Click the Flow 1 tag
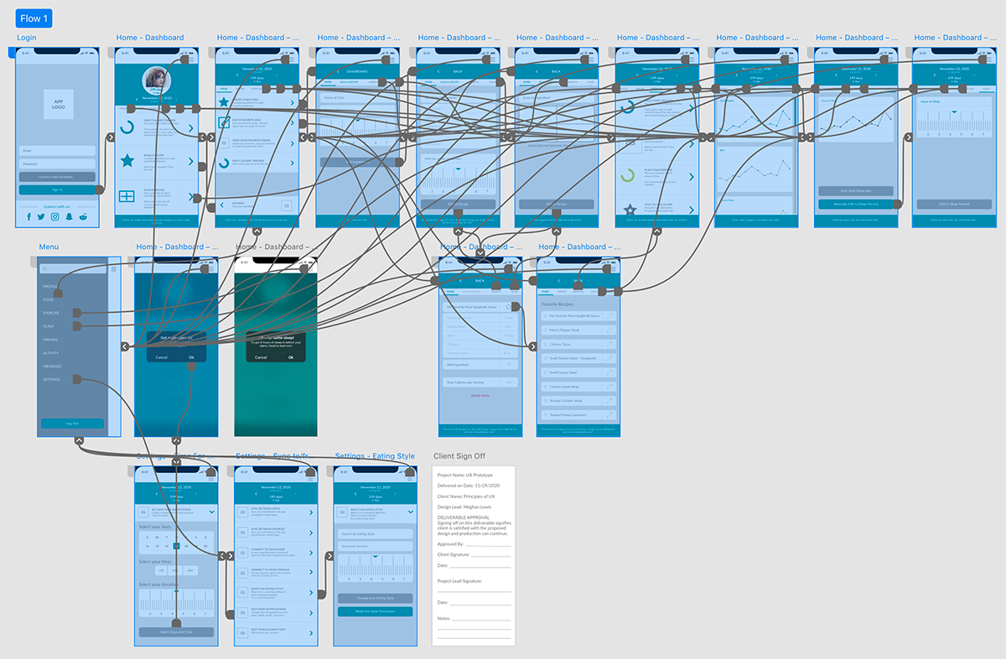[x=34, y=18]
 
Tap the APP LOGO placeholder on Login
[x=59, y=104]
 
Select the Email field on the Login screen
[x=58, y=151]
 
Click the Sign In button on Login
[x=58, y=190]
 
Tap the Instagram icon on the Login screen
[x=55, y=216]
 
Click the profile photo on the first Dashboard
[x=156, y=78]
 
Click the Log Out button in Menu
[x=73, y=423]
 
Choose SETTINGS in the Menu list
[x=52, y=380]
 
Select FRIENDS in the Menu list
[x=50, y=340]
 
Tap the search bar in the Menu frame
[x=74, y=269]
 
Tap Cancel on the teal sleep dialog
[x=261, y=357]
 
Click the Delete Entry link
[x=480, y=395]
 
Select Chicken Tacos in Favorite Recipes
[x=578, y=344]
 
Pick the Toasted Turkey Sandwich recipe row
[x=578, y=415]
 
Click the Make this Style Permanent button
[x=375, y=612]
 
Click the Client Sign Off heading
[x=459, y=456]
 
